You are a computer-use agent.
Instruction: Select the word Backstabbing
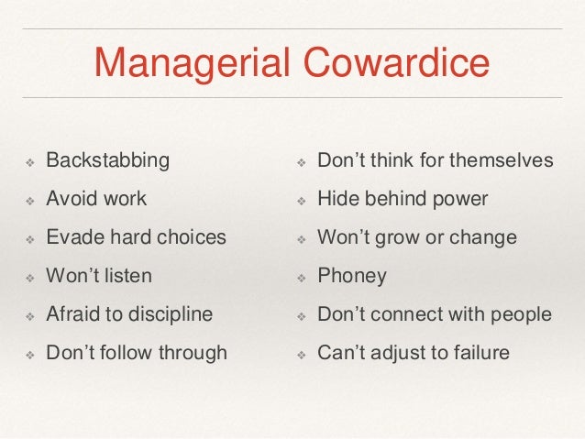click(108, 160)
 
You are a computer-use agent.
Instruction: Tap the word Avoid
click(71, 198)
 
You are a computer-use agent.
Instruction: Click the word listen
click(127, 275)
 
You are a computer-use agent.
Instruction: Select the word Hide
click(336, 198)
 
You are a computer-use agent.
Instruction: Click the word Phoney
click(352, 276)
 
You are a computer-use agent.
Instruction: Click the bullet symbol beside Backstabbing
click(28, 162)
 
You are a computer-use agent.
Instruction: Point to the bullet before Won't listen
click(28, 277)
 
